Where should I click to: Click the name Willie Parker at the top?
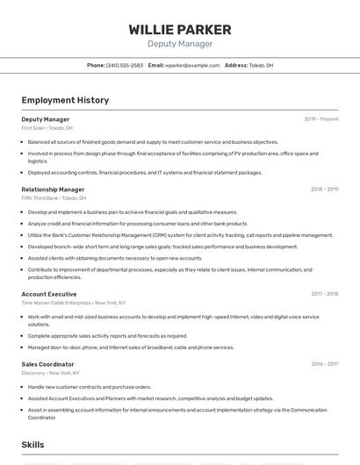click(180, 30)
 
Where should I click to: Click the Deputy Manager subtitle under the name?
click(180, 43)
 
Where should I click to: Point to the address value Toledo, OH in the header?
click(261, 66)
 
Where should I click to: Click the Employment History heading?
click(65, 100)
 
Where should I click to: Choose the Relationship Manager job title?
click(53, 190)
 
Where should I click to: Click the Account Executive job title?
click(49, 294)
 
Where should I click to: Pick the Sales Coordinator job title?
click(47, 364)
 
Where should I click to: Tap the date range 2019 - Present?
click(320, 119)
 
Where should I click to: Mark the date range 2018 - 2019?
click(324, 190)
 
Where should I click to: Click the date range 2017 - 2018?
click(324, 294)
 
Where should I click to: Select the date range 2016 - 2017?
click(324, 364)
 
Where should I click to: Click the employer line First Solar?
click(47, 128)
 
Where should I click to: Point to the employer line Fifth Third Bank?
click(54, 198)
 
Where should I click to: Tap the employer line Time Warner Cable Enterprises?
click(73, 303)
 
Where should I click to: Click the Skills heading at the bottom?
click(32, 446)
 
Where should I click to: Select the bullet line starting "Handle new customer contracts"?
click(90, 387)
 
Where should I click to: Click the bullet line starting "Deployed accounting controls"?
click(145, 173)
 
